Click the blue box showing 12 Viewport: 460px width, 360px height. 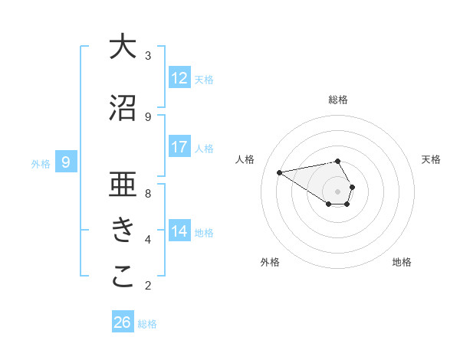[179, 78]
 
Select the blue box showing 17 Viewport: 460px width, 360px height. [179, 147]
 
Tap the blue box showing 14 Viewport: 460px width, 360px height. [179, 231]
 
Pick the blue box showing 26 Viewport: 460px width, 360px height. [123, 322]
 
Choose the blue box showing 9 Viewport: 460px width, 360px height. [67, 162]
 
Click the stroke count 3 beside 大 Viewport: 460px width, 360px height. [148, 55]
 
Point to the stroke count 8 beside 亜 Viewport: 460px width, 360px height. [148, 193]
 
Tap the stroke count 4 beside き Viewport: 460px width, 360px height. [148, 239]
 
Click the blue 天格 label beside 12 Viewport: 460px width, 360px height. [204, 80]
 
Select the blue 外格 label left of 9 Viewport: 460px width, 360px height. [41, 164]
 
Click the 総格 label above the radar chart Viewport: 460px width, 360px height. [338, 100]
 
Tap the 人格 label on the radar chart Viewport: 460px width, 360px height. [245, 159]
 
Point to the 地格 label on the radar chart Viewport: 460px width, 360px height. [402, 262]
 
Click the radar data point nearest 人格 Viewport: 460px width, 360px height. [279, 172]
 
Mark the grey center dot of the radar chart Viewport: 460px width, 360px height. [338, 191]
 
